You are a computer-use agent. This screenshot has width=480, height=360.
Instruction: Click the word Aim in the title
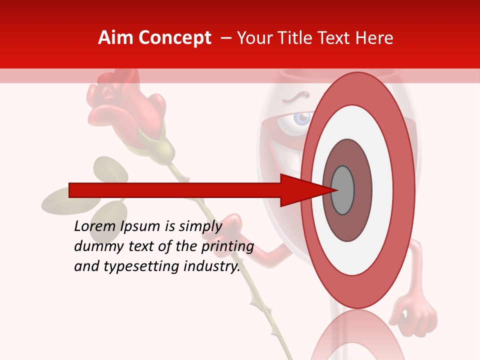[x=115, y=38]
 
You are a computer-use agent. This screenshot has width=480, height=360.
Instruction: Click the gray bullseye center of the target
[x=342, y=190]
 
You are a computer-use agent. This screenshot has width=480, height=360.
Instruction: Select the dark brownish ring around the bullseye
[x=362, y=190]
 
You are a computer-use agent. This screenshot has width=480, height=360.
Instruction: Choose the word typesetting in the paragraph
[x=131, y=267]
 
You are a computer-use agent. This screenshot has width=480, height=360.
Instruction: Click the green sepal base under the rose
[x=160, y=145]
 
